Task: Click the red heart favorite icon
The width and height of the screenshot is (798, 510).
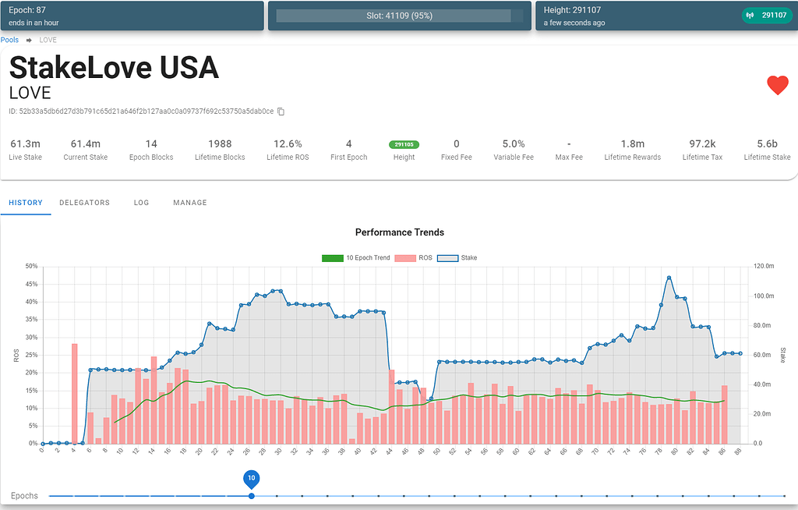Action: click(x=777, y=86)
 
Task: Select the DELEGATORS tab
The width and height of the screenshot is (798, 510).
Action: click(x=84, y=203)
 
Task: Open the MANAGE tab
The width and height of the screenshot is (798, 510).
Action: click(x=190, y=203)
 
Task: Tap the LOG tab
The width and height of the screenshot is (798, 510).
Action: click(x=141, y=203)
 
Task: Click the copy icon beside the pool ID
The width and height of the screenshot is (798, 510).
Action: click(x=281, y=112)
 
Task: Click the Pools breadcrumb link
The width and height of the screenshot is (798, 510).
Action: click(x=9, y=40)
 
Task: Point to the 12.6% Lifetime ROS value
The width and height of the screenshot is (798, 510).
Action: click(x=288, y=144)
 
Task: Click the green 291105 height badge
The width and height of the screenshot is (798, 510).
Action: click(x=404, y=144)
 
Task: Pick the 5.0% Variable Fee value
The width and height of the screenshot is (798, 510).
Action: click(x=514, y=144)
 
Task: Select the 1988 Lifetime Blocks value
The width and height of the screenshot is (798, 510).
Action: click(x=220, y=144)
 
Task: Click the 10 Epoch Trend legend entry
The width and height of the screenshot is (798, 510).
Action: click(x=356, y=257)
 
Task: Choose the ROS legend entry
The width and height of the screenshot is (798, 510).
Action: click(x=416, y=257)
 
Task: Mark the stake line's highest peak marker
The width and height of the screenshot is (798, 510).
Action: click(x=669, y=278)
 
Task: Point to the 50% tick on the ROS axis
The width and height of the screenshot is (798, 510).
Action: click(x=31, y=266)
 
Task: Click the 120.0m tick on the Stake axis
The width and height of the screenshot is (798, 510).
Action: click(x=764, y=266)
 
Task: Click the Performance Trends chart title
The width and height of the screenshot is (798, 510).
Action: click(x=399, y=232)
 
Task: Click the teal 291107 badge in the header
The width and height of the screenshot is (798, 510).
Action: click(x=766, y=15)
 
